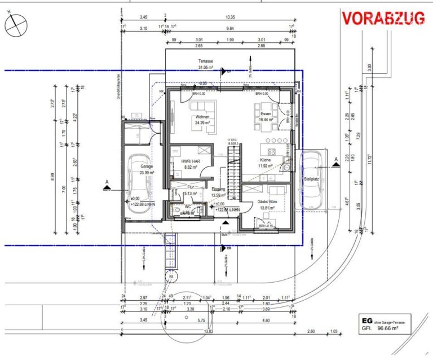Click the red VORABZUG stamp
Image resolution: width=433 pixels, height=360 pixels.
click(383, 18)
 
